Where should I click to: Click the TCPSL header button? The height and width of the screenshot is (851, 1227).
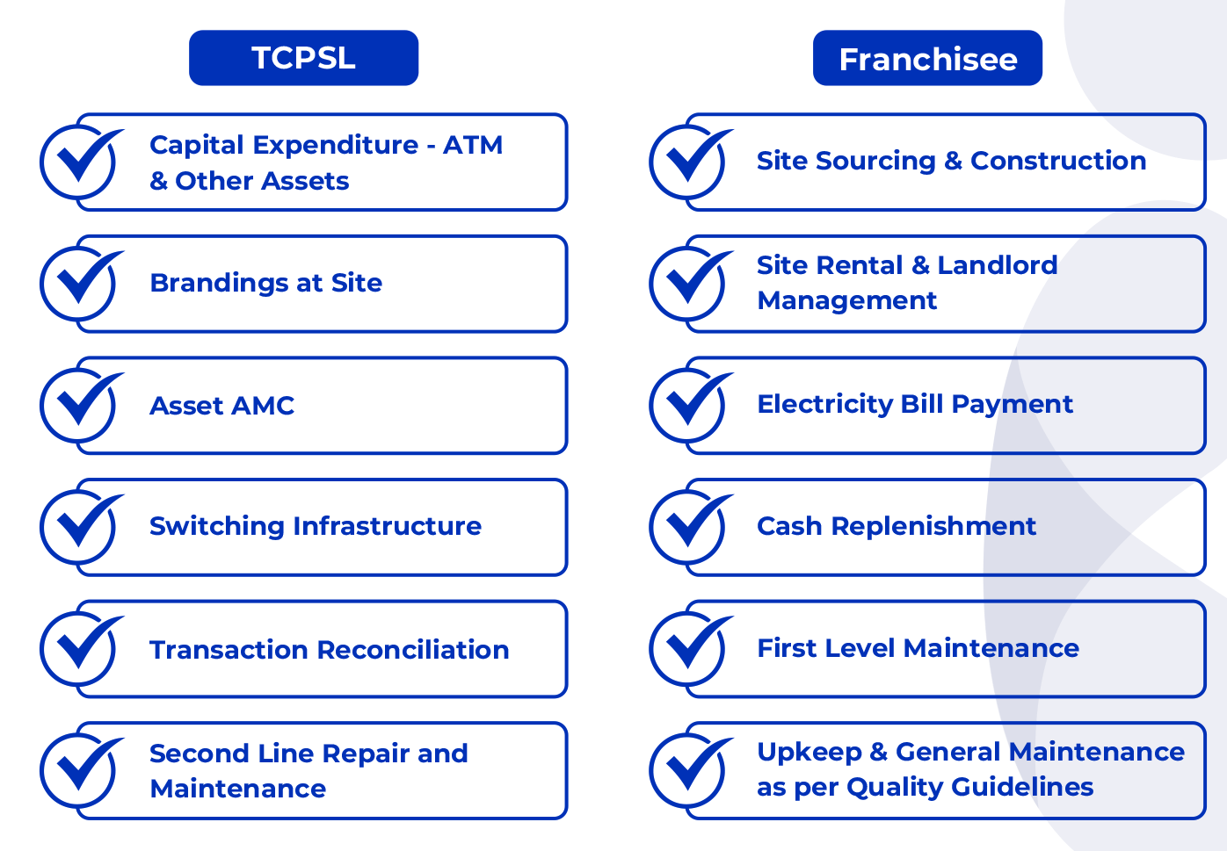[x=303, y=57]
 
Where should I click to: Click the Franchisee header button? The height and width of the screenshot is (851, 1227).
[x=927, y=57]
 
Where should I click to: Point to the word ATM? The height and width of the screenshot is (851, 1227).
[x=473, y=145]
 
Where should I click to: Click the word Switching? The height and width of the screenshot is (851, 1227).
[x=217, y=527]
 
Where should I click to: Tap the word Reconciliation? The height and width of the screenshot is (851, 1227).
[x=413, y=650]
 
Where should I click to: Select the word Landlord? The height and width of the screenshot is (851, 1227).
[x=998, y=265]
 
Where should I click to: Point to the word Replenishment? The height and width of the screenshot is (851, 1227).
[x=933, y=526]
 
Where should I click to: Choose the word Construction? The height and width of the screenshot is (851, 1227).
[x=1058, y=161]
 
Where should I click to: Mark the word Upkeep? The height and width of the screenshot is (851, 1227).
[x=810, y=753]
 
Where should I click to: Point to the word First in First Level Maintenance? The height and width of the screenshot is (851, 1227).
[x=788, y=648]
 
